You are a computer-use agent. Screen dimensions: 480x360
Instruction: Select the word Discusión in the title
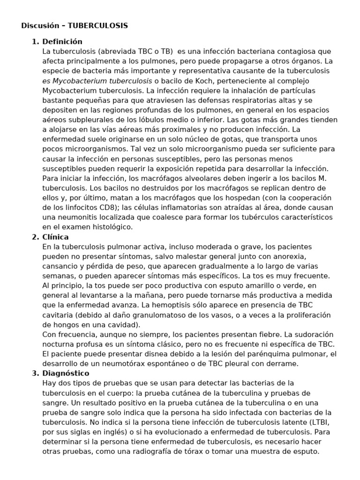point(38,26)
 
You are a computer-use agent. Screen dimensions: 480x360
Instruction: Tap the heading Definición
point(62,41)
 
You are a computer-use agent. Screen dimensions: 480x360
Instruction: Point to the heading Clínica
point(55,237)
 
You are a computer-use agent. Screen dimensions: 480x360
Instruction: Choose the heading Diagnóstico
point(66,373)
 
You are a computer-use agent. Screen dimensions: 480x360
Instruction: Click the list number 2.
point(34,237)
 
